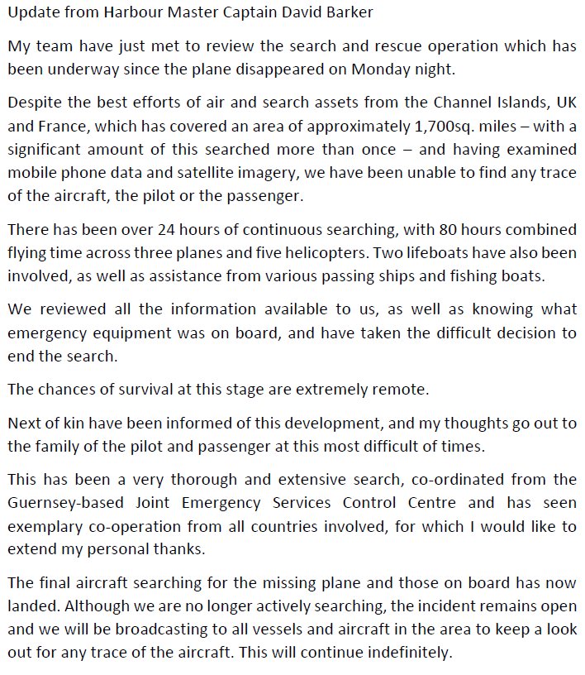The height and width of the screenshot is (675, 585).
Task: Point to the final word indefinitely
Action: click(x=410, y=651)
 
